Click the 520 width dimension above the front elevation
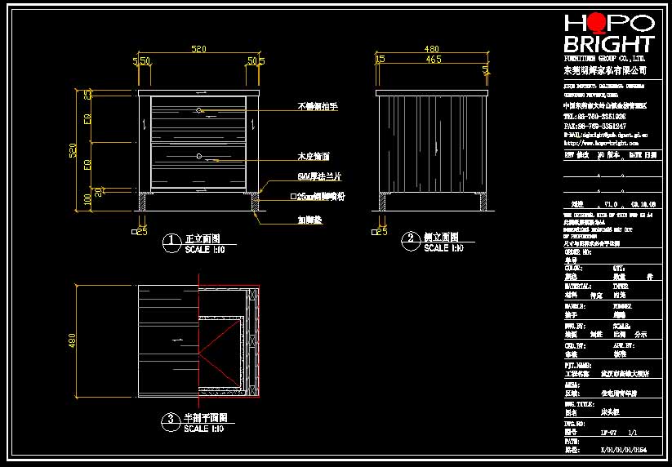(198, 50)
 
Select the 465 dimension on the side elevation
(434, 60)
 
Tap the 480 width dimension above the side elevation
(432, 49)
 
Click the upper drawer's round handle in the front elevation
(198, 109)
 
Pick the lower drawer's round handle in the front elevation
(198, 155)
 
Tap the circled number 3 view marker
(171, 420)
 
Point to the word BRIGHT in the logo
(609, 44)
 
